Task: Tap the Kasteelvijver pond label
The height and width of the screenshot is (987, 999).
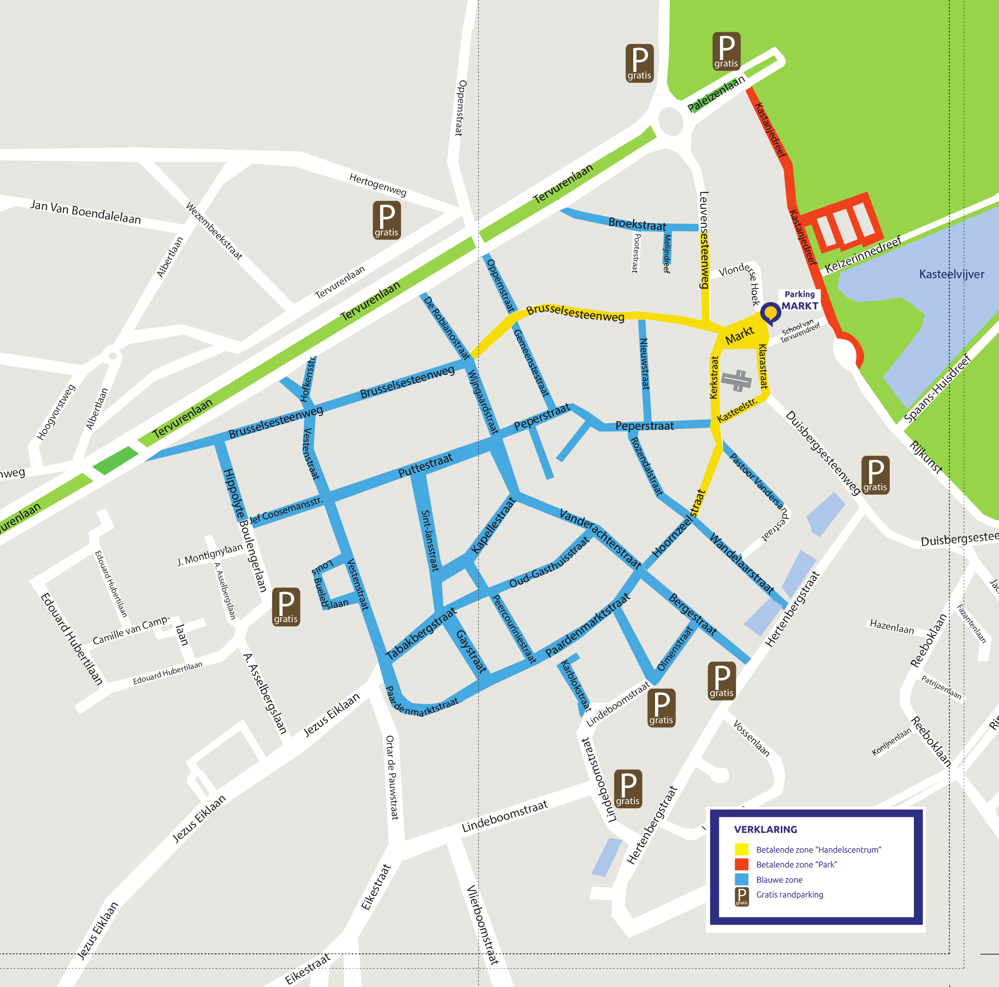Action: click(951, 274)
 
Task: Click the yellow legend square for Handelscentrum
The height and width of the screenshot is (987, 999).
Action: click(741, 849)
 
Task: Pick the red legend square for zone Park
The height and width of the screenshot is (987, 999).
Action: click(741, 865)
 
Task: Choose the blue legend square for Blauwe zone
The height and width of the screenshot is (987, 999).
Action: click(741, 879)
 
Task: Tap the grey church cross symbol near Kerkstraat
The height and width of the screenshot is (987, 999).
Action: click(737, 381)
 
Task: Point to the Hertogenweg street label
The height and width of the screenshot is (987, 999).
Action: click(378, 184)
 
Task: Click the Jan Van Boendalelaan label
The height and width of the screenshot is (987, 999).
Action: click(85, 212)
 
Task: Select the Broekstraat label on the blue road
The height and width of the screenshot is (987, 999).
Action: click(637, 224)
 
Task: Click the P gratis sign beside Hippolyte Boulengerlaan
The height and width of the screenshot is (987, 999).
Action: click(286, 606)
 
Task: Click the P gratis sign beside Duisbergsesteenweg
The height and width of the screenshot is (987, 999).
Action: click(875, 475)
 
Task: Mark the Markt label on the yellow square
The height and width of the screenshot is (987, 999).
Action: click(739, 335)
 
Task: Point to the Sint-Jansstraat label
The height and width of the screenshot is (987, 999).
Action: click(430, 540)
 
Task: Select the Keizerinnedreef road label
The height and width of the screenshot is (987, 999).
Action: click(863, 254)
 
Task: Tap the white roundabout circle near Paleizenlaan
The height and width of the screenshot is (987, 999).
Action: click(671, 121)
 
